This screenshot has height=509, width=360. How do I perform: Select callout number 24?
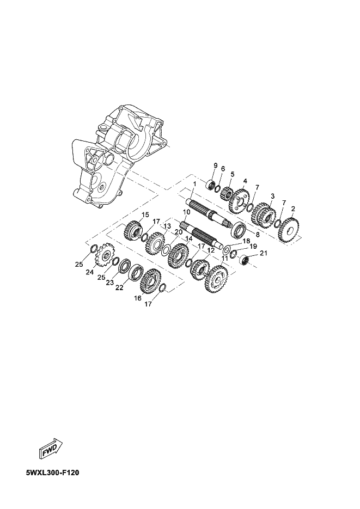pos(90,272)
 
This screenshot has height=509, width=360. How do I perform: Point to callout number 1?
pos(194,184)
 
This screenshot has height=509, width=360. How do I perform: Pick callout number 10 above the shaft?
pos(186,212)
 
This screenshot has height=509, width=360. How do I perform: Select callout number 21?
pos(263,253)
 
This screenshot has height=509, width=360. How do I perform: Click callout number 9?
pos(215,165)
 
